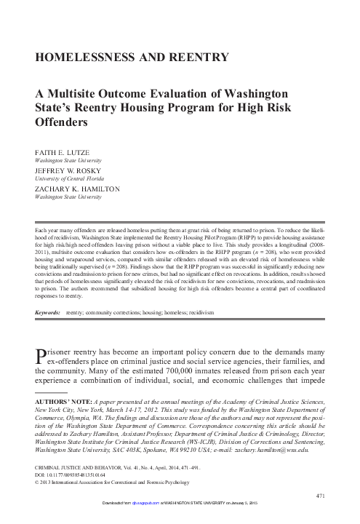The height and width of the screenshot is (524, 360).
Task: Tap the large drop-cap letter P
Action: pyautogui.click(x=41, y=356)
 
